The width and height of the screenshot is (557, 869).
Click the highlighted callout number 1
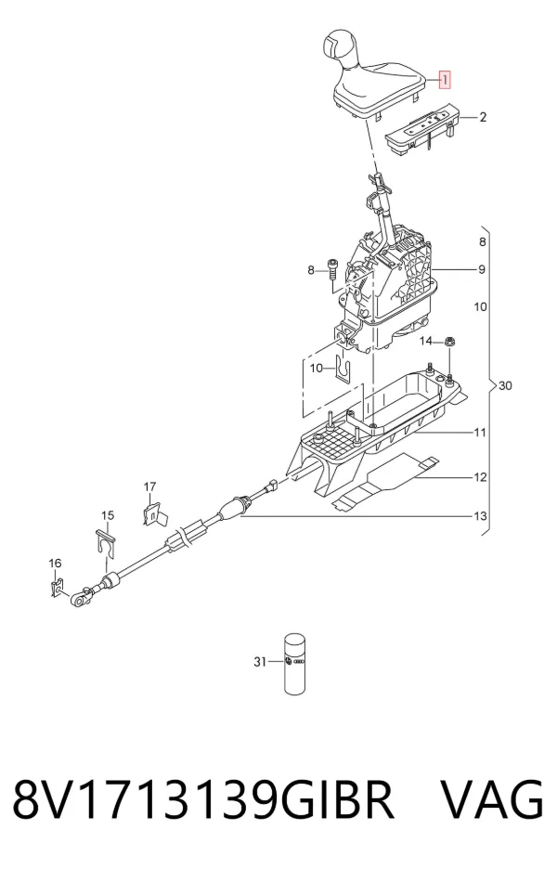pos(445,80)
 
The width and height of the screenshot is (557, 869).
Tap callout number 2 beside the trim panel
pos(483,118)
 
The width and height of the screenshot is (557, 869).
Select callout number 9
pos(482,269)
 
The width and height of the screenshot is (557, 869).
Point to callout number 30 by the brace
pos(505,385)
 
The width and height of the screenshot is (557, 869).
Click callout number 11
pos(481,432)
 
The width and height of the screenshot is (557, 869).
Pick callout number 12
pos(481,476)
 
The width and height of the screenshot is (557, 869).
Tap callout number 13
pos(481,516)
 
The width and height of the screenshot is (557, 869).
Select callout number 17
pos(150,486)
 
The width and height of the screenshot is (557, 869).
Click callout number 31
pos(261,662)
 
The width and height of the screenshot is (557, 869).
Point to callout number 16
pos(55,563)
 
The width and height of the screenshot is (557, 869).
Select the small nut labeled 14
pos(449,342)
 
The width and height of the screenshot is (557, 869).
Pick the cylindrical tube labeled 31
pos(296,664)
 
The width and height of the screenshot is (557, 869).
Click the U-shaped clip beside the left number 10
pos(343,368)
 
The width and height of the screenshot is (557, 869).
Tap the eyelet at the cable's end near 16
pos(78,599)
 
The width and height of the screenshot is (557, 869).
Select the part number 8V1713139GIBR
pos(203,799)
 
